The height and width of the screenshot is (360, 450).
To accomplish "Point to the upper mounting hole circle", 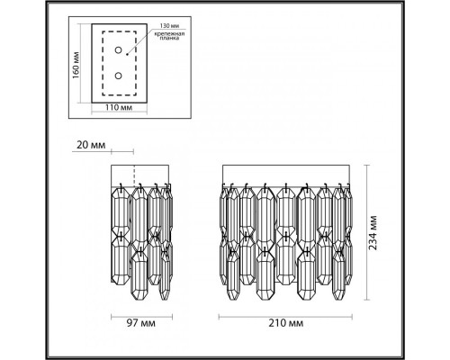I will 118,54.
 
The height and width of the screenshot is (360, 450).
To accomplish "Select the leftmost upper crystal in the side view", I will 119,216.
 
